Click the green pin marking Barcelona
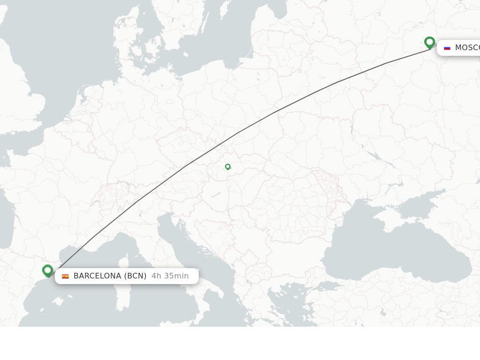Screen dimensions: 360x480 [x=47, y=270]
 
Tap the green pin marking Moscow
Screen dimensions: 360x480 [x=429, y=43]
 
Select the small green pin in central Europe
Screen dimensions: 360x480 [x=228, y=166]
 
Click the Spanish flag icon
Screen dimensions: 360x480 [x=66, y=276]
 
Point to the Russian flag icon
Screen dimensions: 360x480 [x=447, y=48]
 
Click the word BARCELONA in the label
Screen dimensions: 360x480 [x=97, y=276]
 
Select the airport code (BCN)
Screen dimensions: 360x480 [x=135, y=276]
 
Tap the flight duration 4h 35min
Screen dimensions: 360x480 [x=170, y=276]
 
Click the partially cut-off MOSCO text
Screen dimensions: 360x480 [x=467, y=48]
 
